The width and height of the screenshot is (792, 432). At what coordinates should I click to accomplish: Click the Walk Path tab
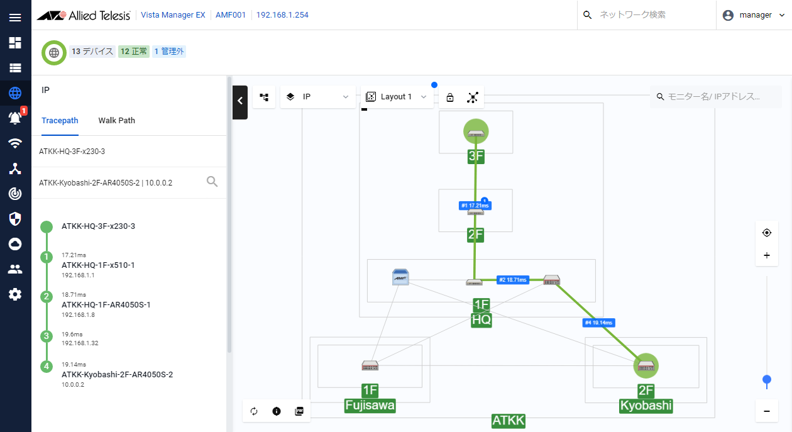pyautogui.click(x=117, y=120)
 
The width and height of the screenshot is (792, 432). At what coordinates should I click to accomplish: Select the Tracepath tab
pyautogui.click(x=60, y=120)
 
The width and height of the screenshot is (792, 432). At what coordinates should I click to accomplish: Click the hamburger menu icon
pyautogui.click(x=15, y=18)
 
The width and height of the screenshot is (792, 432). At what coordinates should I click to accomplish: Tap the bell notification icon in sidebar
pyautogui.click(x=15, y=117)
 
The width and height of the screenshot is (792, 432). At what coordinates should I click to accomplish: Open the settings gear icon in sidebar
pyautogui.click(x=15, y=294)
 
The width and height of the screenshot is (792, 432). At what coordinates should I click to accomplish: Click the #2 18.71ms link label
pyautogui.click(x=513, y=280)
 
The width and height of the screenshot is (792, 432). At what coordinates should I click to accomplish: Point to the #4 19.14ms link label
pyautogui.click(x=598, y=323)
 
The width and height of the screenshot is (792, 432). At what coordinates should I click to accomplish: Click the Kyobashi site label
pyautogui.click(x=646, y=406)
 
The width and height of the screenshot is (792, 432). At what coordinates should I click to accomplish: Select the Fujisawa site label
pyautogui.click(x=370, y=406)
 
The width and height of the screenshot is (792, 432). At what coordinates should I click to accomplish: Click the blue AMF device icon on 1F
pyautogui.click(x=400, y=277)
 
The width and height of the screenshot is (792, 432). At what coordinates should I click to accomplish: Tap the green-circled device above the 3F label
pyautogui.click(x=476, y=131)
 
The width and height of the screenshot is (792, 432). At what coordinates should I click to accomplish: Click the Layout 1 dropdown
pyautogui.click(x=397, y=97)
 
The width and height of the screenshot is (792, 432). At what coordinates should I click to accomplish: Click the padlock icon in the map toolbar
pyautogui.click(x=450, y=97)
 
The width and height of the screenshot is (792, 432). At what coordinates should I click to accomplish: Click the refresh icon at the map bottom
pyautogui.click(x=254, y=411)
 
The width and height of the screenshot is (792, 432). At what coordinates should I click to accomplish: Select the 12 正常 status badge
pyautogui.click(x=134, y=52)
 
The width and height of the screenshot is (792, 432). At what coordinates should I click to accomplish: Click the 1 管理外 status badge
pyautogui.click(x=169, y=52)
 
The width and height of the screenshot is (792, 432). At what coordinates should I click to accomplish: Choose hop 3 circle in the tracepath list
pyautogui.click(x=47, y=336)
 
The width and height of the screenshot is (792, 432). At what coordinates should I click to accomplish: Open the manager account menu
pyautogui.click(x=754, y=15)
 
